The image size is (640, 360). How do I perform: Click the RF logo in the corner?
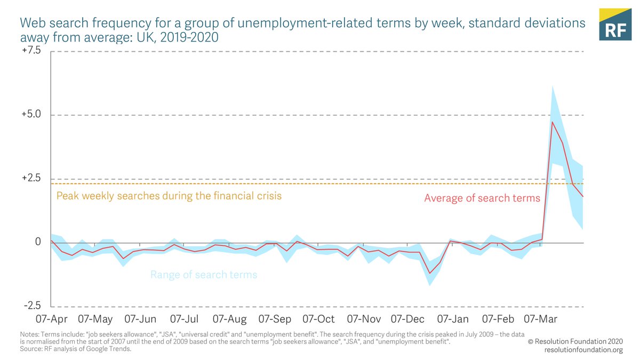[615, 24]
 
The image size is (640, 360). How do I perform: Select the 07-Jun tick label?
[140, 319]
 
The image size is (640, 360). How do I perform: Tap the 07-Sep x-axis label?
[275, 319]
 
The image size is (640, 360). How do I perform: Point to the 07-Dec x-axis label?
[407, 319]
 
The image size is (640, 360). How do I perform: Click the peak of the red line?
[552, 122]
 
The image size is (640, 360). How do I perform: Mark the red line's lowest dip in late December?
[429, 274]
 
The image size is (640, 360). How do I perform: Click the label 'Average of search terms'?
[482, 198]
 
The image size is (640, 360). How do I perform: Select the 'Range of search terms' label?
[204, 275]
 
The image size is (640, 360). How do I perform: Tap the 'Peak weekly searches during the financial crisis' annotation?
[169, 196]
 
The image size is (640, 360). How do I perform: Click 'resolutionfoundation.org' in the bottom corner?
[583, 350]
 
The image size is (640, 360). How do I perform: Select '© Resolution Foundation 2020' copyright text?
[575, 341]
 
